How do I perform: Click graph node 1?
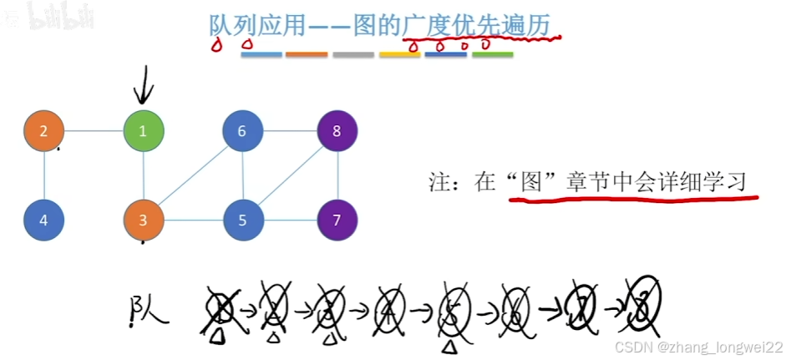[x=143, y=131]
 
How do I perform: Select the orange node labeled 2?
[x=44, y=131]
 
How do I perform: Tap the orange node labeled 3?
[x=143, y=221]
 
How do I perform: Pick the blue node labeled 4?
[x=44, y=221]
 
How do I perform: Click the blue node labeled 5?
[x=243, y=221]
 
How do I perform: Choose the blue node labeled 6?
[x=243, y=131]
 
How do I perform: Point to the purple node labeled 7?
[x=337, y=221]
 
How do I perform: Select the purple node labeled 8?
[x=337, y=131]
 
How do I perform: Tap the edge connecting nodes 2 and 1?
[x=94, y=131]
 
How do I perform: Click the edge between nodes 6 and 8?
[x=290, y=131]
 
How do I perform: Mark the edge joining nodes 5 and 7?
[x=290, y=221]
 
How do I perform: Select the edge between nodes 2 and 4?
[x=44, y=175]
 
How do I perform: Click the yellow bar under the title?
[x=399, y=55]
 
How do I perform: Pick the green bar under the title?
[x=492, y=55]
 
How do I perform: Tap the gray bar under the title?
[x=352, y=55]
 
